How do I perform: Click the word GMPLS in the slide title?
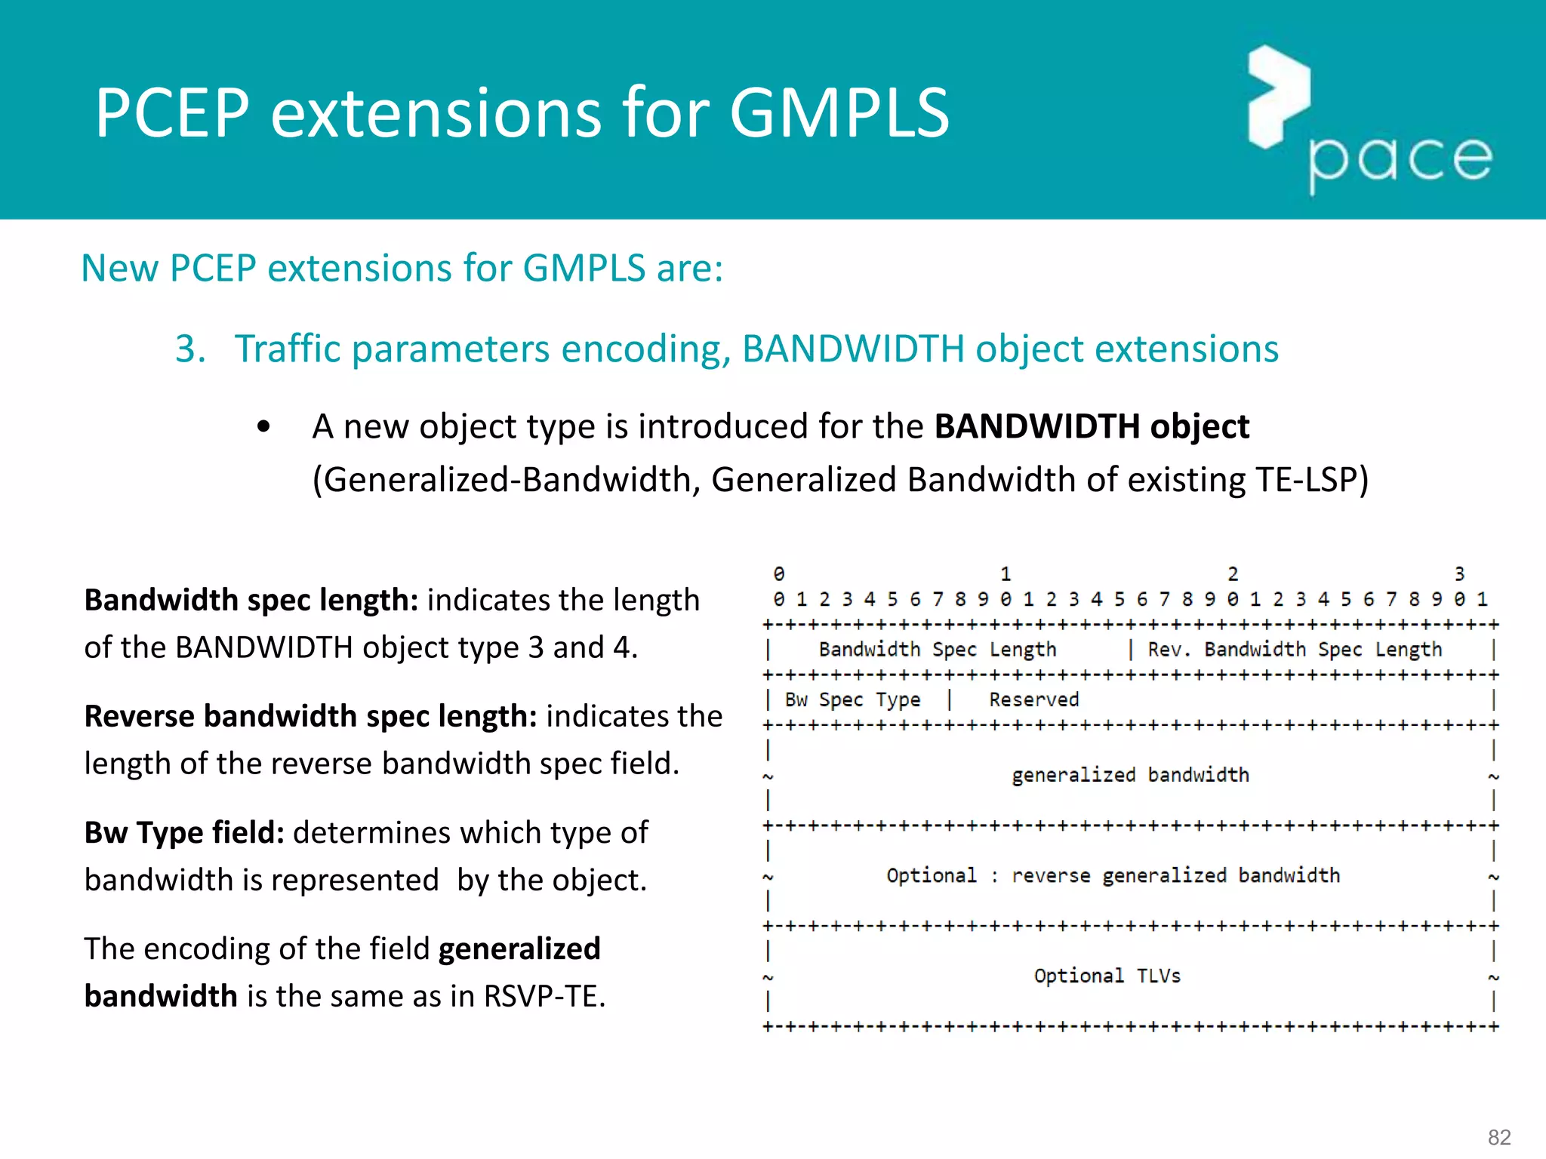coord(839,113)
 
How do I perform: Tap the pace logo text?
coord(1401,160)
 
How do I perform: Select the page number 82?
coord(1499,1137)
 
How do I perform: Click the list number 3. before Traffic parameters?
coord(190,349)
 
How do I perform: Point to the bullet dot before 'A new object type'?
coord(263,427)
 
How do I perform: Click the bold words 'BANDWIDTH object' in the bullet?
coord(1092,426)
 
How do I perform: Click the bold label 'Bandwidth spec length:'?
coord(251,600)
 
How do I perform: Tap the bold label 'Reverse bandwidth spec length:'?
coord(310,716)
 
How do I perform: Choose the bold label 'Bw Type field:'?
coord(184,832)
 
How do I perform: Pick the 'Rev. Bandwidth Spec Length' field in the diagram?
coord(1295,650)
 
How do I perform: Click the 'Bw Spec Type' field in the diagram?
coord(853,700)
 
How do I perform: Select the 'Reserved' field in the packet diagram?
coord(1034,700)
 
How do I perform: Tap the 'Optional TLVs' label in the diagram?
coord(1107,976)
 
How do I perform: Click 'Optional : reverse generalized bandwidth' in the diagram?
coord(1113,876)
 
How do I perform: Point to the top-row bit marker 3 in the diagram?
coord(1460,574)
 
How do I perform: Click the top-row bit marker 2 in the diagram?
coord(1233,574)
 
